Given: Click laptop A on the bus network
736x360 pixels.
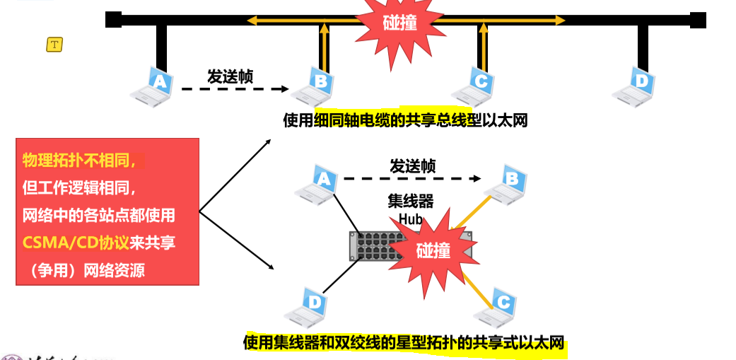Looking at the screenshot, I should pyautogui.click(x=153, y=87).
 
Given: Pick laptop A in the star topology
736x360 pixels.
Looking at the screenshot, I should pyautogui.click(x=319, y=185).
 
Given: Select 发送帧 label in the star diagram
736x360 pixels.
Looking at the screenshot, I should pyautogui.click(x=412, y=166).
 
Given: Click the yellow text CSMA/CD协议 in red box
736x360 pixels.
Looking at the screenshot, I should pyautogui.click(x=75, y=243).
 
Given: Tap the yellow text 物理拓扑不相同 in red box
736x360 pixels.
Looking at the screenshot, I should pyautogui.click(x=78, y=161).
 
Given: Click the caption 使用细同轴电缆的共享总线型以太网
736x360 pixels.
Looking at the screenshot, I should pyautogui.click(x=405, y=120).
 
